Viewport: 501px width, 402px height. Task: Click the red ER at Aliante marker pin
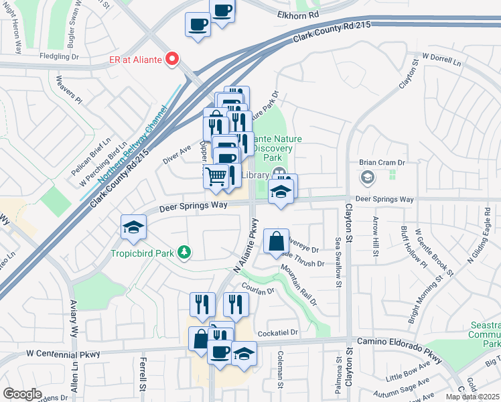pos(172,59)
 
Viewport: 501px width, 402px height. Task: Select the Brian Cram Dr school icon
pos(367,178)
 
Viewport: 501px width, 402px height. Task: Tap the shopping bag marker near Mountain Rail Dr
pos(276,241)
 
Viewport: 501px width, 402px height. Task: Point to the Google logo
pos(22,393)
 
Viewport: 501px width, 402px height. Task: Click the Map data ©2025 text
pos(472,397)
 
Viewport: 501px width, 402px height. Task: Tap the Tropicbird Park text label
pos(142,253)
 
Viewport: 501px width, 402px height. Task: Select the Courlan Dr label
pos(262,291)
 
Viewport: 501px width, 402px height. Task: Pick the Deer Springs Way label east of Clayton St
pos(384,199)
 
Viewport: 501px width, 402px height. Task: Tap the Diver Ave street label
pos(177,154)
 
